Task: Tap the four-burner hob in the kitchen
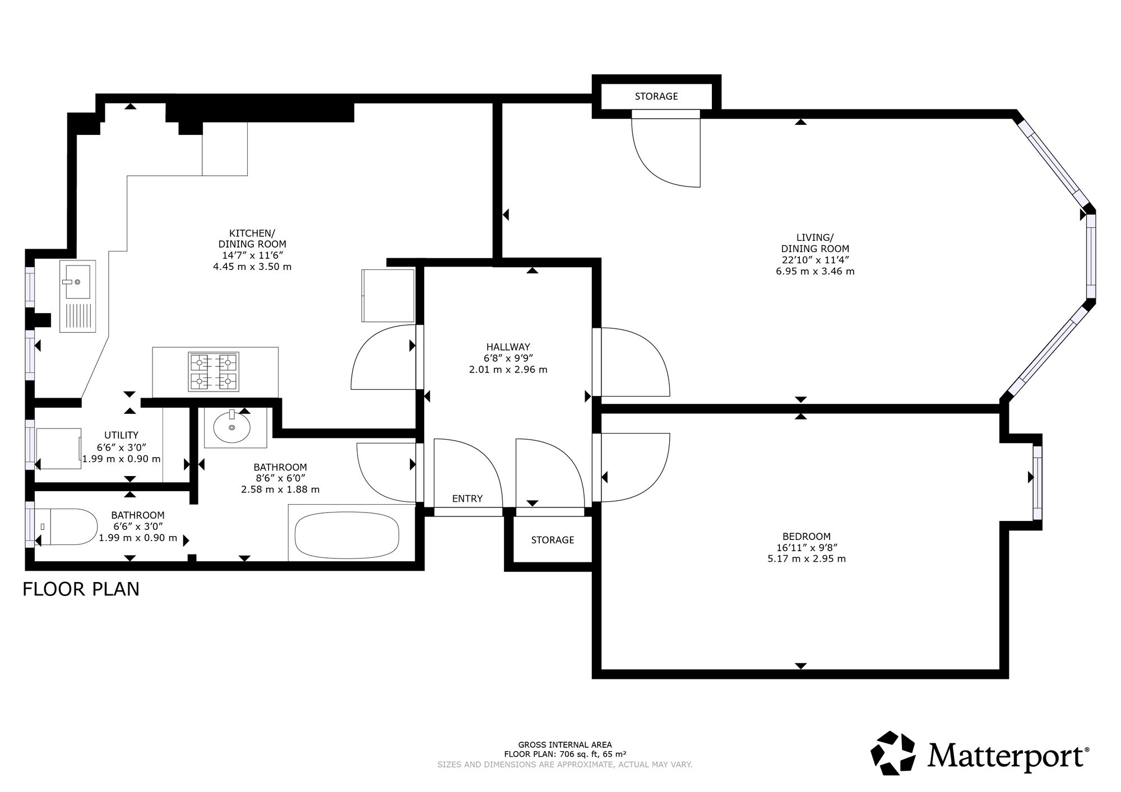[214, 372]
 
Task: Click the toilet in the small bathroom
[66, 527]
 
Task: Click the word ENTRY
[467, 499]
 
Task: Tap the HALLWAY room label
[508, 347]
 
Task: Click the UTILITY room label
[121, 435]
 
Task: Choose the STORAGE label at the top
[656, 96]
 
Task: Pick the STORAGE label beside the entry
[553, 540]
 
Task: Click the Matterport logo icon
[895, 753]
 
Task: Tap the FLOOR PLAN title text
[81, 589]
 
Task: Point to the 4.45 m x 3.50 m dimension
[252, 267]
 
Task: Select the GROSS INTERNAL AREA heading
[565, 744]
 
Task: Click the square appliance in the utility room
[58, 449]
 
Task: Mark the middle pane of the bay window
[1091, 257]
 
